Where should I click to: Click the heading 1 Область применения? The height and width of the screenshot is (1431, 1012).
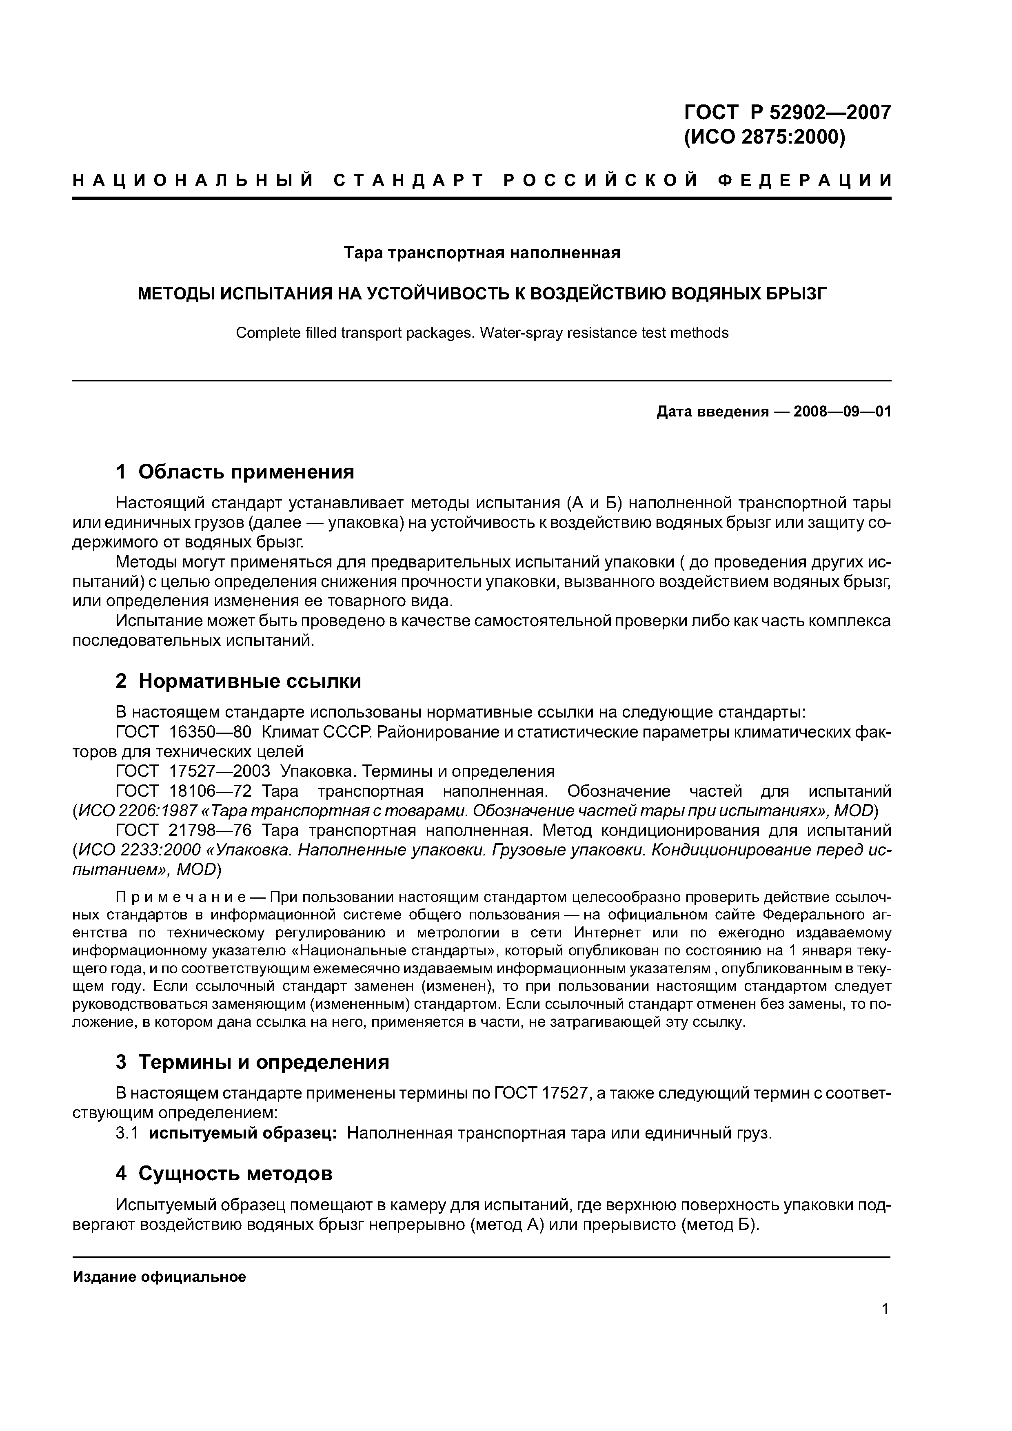coord(235,472)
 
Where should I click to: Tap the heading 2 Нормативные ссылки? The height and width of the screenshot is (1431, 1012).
coord(238,681)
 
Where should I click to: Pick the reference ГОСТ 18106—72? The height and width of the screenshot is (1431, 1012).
coord(183,791)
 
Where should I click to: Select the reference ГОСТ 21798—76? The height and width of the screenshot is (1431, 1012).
coord(183,831)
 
